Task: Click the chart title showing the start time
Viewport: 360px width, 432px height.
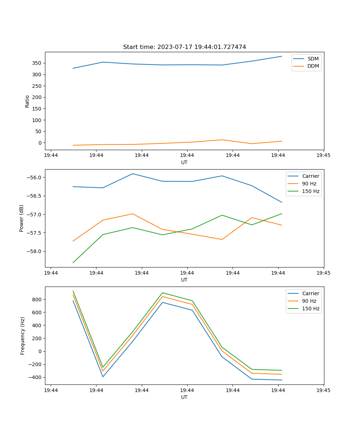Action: [184, 47]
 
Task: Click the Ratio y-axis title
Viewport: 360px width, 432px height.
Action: [27, 101]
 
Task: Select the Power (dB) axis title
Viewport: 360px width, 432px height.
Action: [22, 218]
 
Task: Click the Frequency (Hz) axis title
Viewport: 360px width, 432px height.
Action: [23, 336]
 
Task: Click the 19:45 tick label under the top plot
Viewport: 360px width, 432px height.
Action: [324, 156]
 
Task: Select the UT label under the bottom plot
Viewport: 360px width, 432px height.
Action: [184, 397]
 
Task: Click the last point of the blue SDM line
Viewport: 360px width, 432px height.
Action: [282, 56]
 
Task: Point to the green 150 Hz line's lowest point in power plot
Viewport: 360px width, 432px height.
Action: [73, 262]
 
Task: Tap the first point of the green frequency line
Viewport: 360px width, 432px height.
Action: [73, 291]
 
